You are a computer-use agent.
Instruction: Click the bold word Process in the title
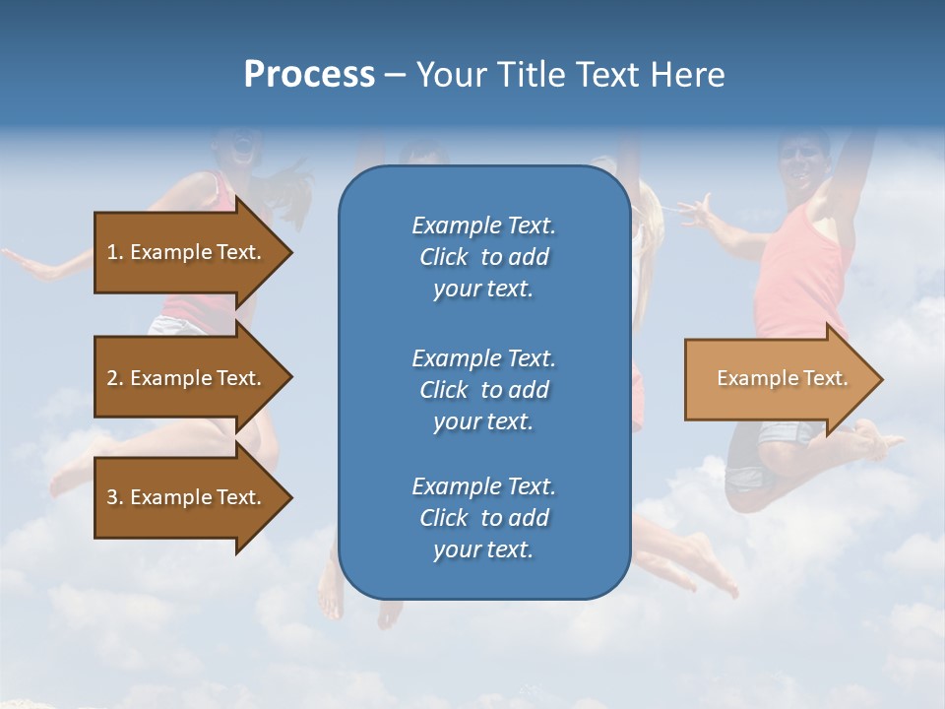pos(309,75)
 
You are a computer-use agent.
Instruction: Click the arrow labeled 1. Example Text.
pos(184,252)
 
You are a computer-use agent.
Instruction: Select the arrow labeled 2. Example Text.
pos(184,378)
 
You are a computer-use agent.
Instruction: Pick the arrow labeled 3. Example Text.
pos(184,497)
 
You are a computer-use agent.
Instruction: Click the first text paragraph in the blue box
pos(483,257)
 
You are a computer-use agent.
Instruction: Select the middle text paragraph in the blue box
pos(483,390)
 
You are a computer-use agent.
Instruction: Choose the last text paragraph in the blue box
pos(483,518)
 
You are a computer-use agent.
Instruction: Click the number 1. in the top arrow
pos(115,252)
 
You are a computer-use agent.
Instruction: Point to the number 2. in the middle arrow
pos(115,378)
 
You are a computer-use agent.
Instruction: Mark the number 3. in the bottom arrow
pos(115,497)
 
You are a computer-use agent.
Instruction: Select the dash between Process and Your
pos(395,75)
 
